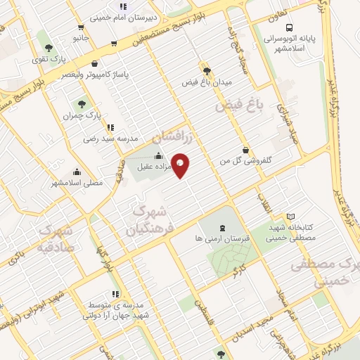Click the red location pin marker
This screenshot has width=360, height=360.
181,165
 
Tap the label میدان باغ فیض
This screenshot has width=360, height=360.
205,82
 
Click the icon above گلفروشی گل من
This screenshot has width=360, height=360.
245,150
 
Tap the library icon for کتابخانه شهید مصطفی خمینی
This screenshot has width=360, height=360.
291,217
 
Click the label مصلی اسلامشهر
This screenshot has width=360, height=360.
77,183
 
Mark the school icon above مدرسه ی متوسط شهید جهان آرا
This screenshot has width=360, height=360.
115,294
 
